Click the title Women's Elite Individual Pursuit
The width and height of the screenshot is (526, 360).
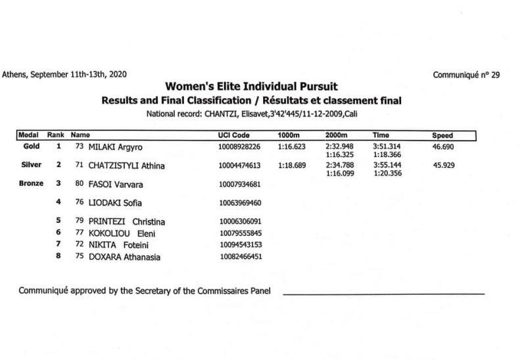(x=252, y=86)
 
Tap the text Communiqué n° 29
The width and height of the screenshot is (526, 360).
(x=466, y=75)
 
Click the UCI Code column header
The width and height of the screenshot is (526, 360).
(x=233, y=135)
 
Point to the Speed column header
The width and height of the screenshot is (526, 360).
(x=442, y=135)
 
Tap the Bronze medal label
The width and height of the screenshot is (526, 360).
(x=30, y=184)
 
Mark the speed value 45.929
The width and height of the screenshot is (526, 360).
(x=444, y=166)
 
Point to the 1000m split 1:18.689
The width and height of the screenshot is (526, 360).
(x=292, y=166)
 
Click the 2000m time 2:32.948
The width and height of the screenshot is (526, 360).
(x=339, y=146)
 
